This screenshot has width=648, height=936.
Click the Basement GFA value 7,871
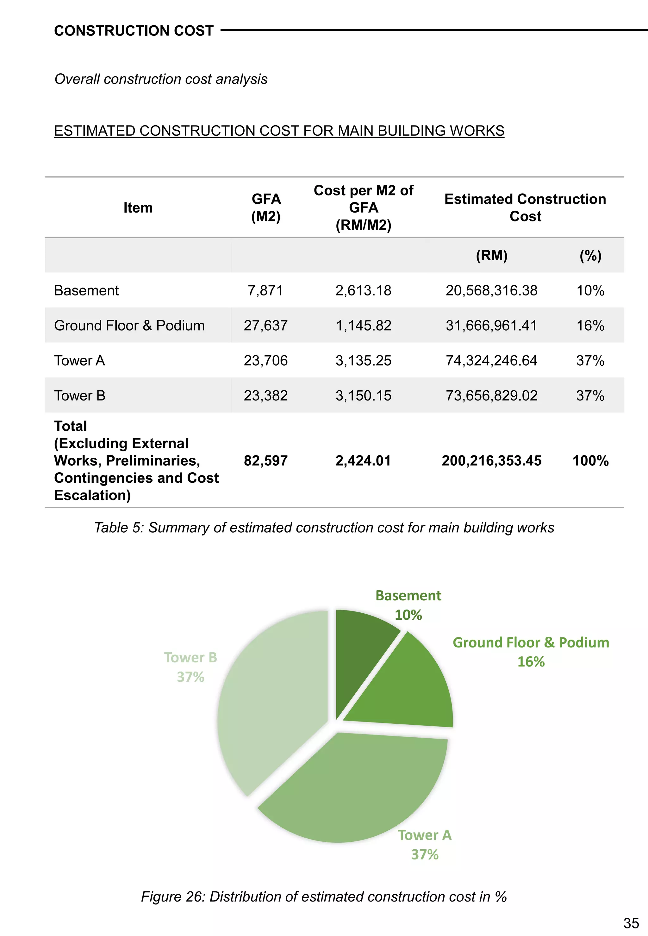(265, 291)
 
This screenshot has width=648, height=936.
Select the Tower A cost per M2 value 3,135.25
(363, 360)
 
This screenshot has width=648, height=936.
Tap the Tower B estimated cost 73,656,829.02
(491, 395)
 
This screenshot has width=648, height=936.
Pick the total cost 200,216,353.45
(491, 461)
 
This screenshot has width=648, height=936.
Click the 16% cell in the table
(590, 325)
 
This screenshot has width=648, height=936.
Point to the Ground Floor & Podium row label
(129, 325)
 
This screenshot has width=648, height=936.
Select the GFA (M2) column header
(266, 208)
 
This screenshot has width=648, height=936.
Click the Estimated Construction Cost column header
(525, 208)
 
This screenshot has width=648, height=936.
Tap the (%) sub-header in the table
(590, 256)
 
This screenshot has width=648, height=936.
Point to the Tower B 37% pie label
(190, 667)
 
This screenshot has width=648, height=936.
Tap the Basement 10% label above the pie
(408, 605)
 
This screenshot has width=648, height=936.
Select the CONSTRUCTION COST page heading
(134, 31)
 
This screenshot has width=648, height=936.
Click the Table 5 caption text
(324, 528)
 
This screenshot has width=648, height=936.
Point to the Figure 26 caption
(324, 896)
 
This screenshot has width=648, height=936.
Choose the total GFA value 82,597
(265, 461)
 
